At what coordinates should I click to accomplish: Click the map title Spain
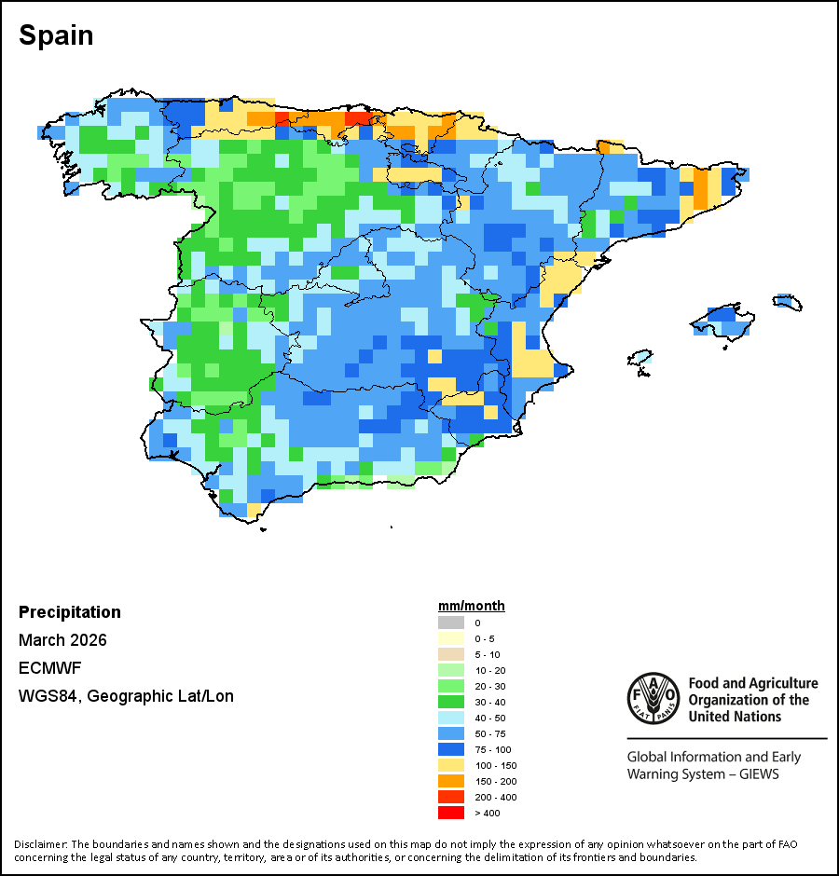pos(56,35)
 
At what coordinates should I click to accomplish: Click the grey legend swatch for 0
pos(450,622)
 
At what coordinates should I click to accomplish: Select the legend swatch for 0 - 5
pos(450,637)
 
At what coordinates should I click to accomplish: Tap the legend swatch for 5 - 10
pos(450,653)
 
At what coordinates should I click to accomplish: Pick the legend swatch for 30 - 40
pos(450,702)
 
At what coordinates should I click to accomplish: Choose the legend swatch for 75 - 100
pos(450,749)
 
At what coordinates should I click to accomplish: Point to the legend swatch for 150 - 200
pos(450,781)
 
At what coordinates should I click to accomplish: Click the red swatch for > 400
pos(450,813)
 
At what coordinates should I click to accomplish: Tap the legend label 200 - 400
pos(494,797)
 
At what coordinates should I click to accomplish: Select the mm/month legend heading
pos(472,606)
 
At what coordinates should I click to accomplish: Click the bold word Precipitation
pos(70,612)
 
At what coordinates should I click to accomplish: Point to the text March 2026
pos(62,640)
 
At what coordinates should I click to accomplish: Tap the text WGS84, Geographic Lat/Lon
pos(126,696)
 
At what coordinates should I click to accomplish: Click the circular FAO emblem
pos(653,699)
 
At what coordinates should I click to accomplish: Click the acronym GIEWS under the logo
pos(757,773)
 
